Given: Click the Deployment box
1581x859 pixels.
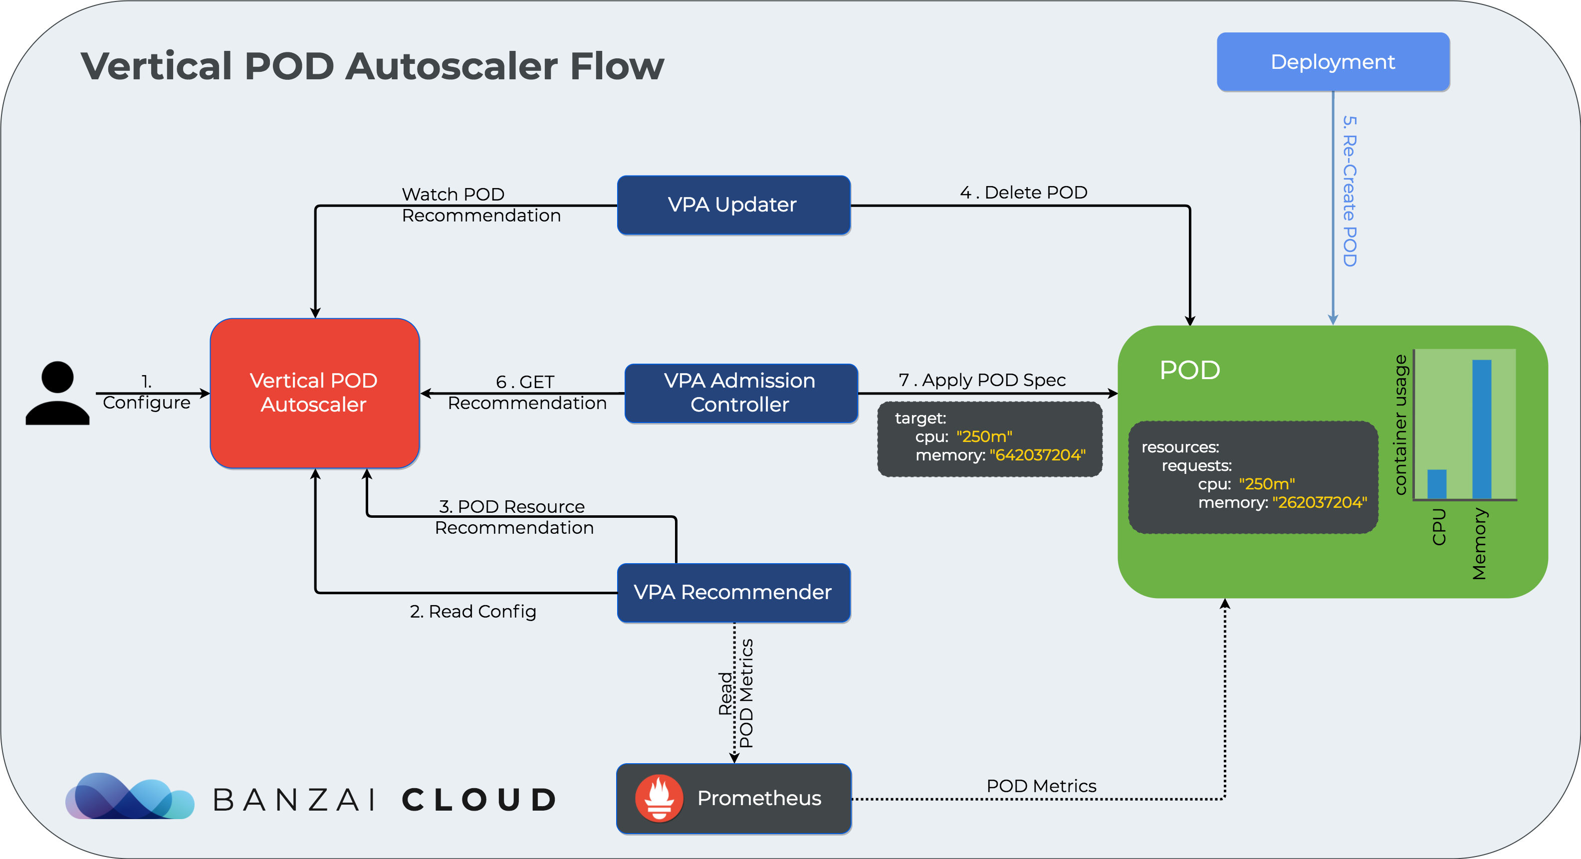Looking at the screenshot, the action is pyautogui.click(x=1333, y=62).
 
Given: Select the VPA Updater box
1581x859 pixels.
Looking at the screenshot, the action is pyautogui.click(x=733, y=205).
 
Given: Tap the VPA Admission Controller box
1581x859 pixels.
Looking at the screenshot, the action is pyautogui.click(x=741, y=393).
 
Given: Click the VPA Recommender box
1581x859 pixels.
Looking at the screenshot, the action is pyautogui.click(x=733, y=593).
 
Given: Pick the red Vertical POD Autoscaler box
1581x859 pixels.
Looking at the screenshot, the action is pyautogui.click(x=315, y=393).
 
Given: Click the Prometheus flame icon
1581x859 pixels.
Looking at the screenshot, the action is pyautogui.click(x=659, y=798).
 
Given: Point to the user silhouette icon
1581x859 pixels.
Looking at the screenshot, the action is pyautogui.click(x=58, y=393).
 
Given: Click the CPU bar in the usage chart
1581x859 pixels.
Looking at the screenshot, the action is pyautogui.click(x=1437, y=484).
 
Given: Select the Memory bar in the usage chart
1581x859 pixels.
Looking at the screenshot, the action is pyautogui.click(x=1482, y=429).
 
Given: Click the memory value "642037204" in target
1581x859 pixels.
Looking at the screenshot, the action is pyautogui.click(x=1037, y=455).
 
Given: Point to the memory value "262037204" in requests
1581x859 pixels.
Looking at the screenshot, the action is pyautogui.click(x=1320, y=502).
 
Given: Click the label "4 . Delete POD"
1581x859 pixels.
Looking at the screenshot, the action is pyautogui.click(x=1024, y=193).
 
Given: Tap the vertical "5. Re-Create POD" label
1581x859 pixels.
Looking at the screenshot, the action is pyautogui.click(x=1349, y=191).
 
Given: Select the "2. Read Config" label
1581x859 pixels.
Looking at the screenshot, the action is pyautogui.click(x=472, y=612).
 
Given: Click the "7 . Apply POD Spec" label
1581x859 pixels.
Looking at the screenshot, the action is pyautogui.click(x=982, y=381).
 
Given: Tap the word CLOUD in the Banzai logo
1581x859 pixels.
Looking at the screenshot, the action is pyautogui.click(x=479, y=800).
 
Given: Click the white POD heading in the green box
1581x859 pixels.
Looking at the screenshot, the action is pyautogui.click(x=1189, y=370).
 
